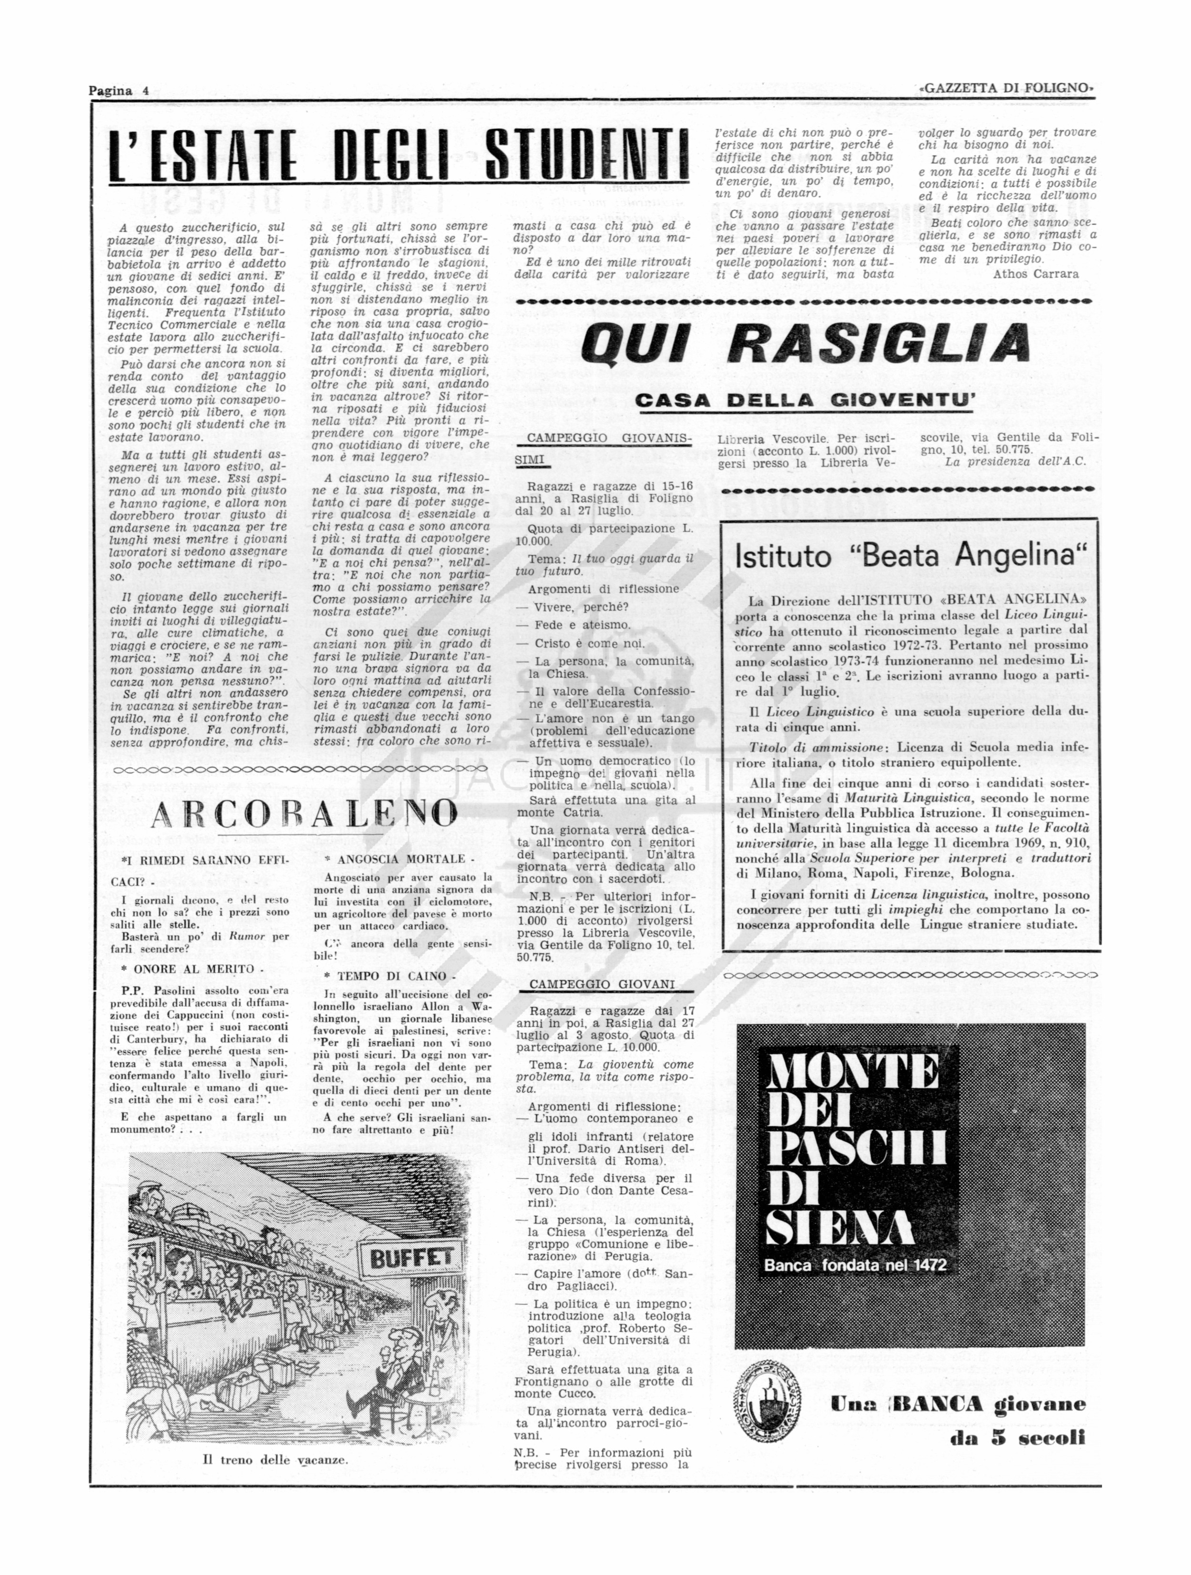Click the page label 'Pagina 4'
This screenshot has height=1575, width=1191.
coord(118,90)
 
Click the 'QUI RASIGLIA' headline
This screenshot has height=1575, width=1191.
coord(805,342)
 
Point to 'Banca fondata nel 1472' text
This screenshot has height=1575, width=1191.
coord(855,1265)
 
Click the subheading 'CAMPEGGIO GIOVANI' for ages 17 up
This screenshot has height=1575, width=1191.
coord(602,984)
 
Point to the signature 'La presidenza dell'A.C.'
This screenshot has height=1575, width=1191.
coord(1015,461)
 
